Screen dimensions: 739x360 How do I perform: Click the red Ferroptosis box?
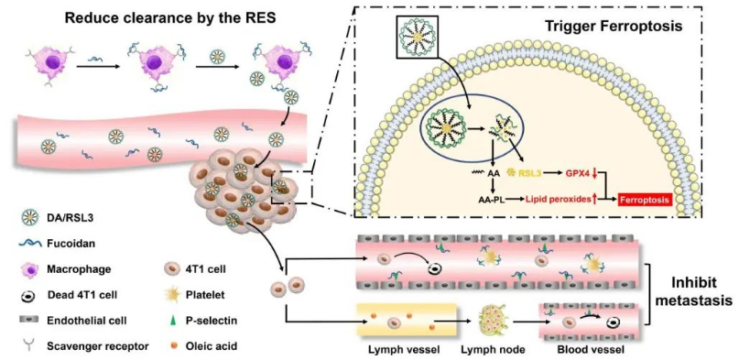click(645, 200)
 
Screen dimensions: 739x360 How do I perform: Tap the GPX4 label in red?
click(578, 174)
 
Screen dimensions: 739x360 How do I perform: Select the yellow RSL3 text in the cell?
click(529, 174)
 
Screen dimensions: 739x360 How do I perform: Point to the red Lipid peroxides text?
click(558, 200)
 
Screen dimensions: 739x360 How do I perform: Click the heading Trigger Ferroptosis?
click(614, 26)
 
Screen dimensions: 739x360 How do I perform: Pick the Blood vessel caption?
click(583, 350)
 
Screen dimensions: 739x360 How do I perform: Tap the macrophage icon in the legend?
click(29, 269)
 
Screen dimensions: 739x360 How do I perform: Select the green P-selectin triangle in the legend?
click(171, 321)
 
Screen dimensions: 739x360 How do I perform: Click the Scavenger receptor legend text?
click(98, 347)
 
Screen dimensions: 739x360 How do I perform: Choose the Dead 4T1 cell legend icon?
click(29, 296)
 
